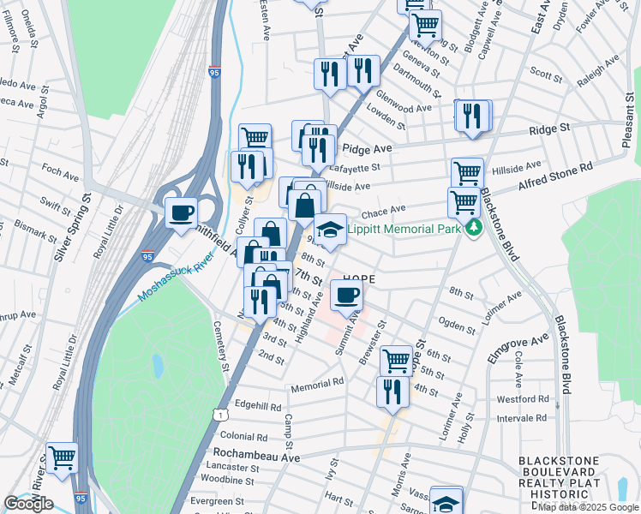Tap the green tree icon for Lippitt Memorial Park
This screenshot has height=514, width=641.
click(472, 229)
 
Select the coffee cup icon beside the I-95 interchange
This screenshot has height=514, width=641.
click(181, 212)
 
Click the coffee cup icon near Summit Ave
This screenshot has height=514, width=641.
click(346, 296)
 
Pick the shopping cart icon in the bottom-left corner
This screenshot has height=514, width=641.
click(62, 457)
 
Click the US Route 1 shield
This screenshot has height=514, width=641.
click(222, 415)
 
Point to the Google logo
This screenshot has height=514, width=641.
click(27, 503)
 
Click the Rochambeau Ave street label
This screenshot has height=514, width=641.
click(256, 456)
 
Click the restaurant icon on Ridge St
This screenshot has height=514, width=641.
click(471, 116)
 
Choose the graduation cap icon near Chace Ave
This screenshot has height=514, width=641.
click(329, 229)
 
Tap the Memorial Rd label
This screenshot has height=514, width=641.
click(316, 385)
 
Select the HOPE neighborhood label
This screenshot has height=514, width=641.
click(361, 279)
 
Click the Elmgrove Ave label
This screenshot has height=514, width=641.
click(517, 350)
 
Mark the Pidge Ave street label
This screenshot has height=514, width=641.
click(368, 148)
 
